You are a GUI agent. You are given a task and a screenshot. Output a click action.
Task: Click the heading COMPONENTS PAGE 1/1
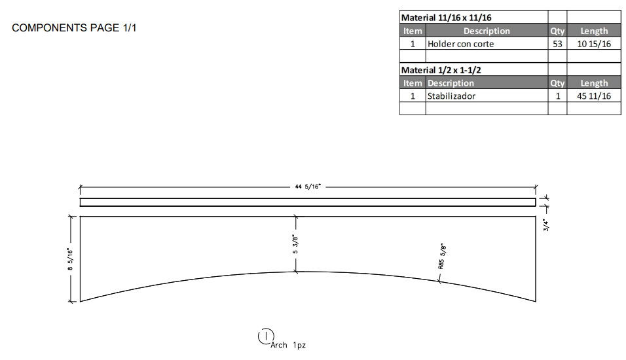point(74,28)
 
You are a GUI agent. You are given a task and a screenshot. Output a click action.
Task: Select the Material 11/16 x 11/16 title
point(446,18)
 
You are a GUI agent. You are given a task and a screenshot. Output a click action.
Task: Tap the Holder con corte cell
point(460,44)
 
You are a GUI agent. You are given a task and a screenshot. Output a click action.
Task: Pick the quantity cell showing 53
point(557,44)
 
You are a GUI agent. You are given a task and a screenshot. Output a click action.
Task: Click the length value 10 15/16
point(594,44)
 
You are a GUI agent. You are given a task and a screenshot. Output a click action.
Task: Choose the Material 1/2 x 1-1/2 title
point(436,70)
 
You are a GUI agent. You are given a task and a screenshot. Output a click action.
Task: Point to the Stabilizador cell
point(451,96)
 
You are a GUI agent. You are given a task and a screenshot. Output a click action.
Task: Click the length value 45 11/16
point(594,96)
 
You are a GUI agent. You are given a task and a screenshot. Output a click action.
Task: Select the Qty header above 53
point(557,31)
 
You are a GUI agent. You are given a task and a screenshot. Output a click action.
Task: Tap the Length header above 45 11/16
point(594,83)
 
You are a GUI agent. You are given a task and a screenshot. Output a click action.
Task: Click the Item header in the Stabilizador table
point(413,83)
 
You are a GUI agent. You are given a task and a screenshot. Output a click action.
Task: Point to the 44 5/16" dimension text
point(308,187)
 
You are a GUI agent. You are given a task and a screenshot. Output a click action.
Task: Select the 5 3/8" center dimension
point(296,244)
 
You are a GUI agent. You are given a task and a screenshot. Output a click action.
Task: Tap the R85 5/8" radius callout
point(442,256)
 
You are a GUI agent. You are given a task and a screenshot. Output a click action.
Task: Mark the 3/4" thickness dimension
point(547,224)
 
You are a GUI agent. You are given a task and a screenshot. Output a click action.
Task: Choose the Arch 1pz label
point(288,345)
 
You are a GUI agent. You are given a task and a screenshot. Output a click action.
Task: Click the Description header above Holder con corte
point(487,31)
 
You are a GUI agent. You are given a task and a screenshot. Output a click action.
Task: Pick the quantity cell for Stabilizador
point(557,96)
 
